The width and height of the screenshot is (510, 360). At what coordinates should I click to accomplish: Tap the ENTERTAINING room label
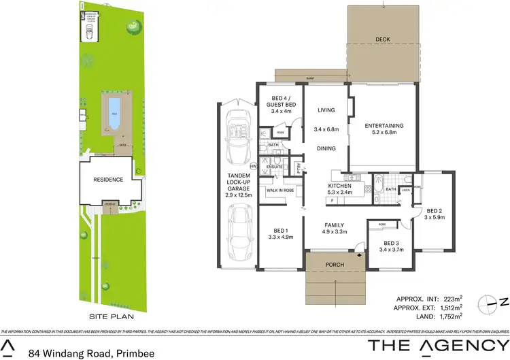click(384, 125)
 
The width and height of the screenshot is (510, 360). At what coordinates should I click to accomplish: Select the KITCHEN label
click(339, 185)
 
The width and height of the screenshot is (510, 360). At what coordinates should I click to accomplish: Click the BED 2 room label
click(435, 211)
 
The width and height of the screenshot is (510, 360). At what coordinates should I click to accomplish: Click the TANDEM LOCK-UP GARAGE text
click(239, 185)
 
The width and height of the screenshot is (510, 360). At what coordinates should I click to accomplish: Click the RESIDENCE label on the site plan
click(108, 180)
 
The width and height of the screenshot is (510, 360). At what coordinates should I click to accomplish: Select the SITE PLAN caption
click(111, 316)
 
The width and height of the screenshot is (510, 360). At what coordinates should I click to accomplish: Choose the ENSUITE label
click(274, 166)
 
